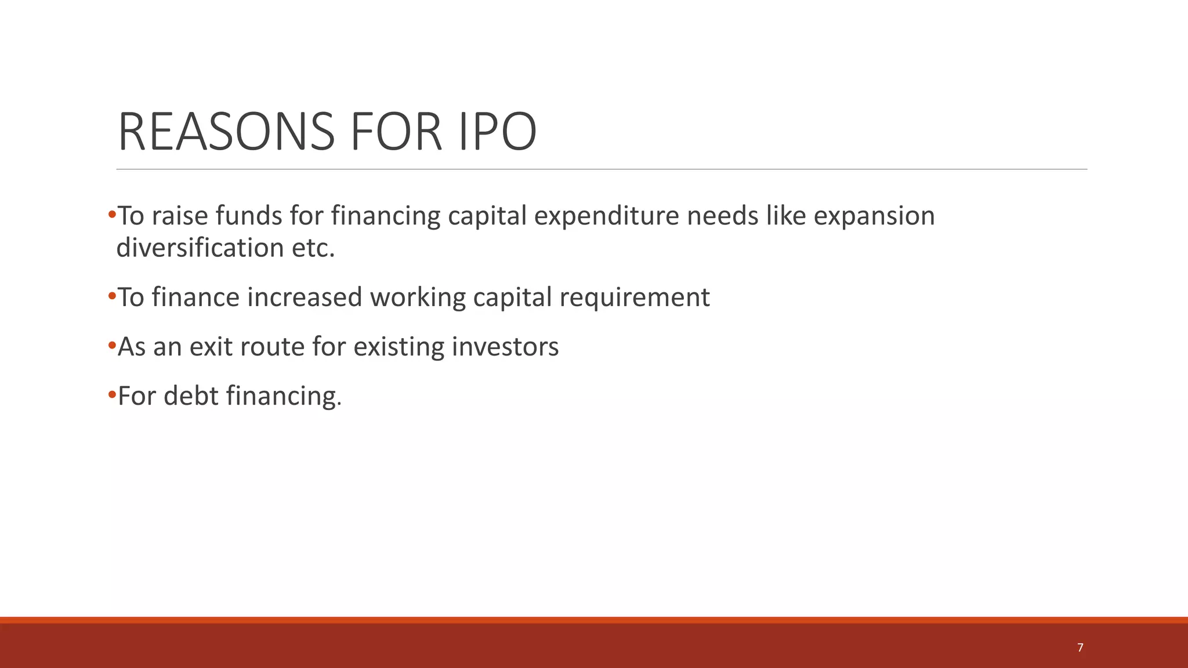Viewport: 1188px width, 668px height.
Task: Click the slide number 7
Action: (1080, 648)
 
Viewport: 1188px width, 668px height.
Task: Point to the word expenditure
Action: (606, 216)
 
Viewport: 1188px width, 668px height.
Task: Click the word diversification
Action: (200, 248)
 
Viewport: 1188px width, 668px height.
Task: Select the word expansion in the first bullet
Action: (874, 216)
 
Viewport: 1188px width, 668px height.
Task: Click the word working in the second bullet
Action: (418, 297)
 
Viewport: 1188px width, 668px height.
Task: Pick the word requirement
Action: (635, 297)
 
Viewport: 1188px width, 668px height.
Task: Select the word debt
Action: (191, 396)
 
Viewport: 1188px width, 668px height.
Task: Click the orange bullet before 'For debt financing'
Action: (112, 395)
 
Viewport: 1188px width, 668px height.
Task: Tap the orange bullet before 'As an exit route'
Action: (112, 346)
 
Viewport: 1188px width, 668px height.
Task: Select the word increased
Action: (305, 297)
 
